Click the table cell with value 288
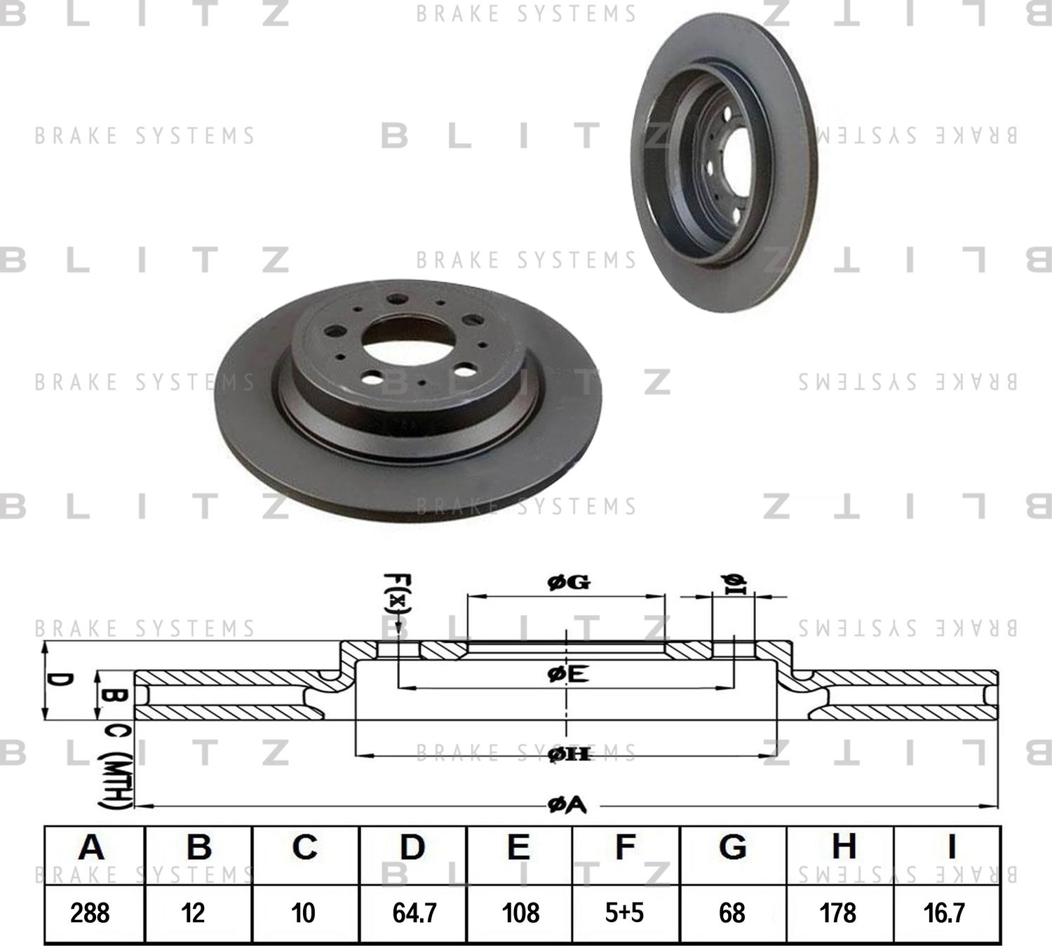point(90,912)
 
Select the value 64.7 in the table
point(414,912)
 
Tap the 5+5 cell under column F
point(624,912)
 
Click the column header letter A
point(92,847)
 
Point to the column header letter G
point(732,847)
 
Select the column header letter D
point(412,847)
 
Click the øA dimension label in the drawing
point(567,806)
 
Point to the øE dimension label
point(567,675)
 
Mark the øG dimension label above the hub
point(568,582)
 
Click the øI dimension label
point(734,583)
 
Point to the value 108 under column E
point(520,912)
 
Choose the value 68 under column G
point(731,912)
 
